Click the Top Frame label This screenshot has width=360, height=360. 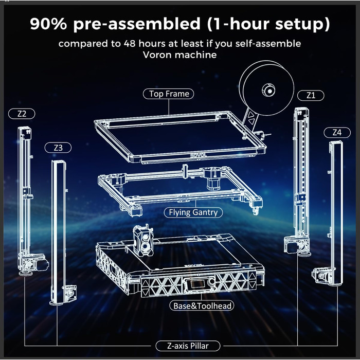tap(169, 94)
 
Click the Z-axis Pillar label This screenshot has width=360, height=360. tap(188, 346)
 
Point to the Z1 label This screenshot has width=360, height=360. tap(311, 95)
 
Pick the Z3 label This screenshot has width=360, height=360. tap(58, 148)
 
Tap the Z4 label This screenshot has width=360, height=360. tap(337, 132)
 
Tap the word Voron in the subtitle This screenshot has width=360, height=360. tap(158, 55)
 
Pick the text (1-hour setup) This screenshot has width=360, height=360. tap(274, 24)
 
